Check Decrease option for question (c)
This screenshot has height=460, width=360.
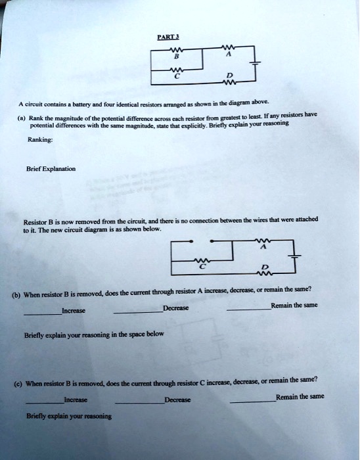click(x=177, y=399)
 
